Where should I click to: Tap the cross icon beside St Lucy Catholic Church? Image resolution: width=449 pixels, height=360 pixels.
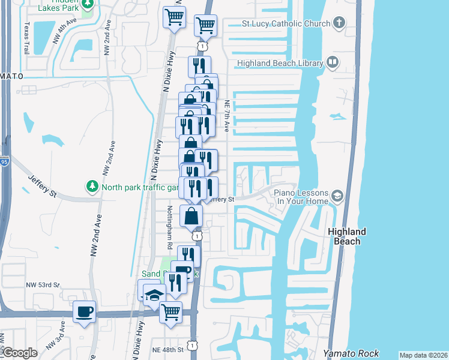pyautogui.click(x=339, y=24)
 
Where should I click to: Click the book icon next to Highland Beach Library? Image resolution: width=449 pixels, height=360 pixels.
pyautogui.click(x=332, y=62)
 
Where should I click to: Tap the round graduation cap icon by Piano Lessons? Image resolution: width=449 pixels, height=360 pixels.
pyautogui.click(x=337, y=196)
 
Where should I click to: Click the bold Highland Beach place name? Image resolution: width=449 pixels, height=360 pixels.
pyautogui.click(x=347, y=236)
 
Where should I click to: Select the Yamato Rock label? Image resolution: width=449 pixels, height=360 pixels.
pyautogui.click(x=345, y=353)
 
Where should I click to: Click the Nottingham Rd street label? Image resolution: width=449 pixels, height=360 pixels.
pyautogui.click(x=170, y=227)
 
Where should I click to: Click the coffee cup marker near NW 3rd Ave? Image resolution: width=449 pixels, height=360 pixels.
pyautogui.click(x=84, y=312)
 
